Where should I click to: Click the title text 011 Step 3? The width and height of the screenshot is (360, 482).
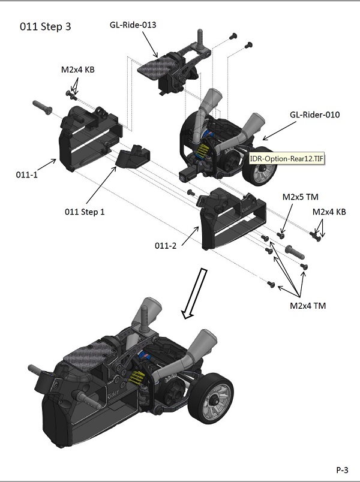point(47,27)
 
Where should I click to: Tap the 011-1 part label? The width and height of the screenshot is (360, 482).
point(26,174)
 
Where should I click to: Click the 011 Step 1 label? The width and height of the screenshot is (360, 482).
point(84,212)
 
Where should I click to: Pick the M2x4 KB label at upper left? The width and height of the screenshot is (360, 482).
point(78,70)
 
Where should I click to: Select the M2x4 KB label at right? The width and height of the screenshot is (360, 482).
point(329,212)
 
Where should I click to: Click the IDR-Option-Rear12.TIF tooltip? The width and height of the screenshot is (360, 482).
point(287,159)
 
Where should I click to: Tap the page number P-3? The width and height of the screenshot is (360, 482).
point(343,469)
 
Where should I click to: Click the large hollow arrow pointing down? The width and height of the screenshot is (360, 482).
point(195,293)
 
